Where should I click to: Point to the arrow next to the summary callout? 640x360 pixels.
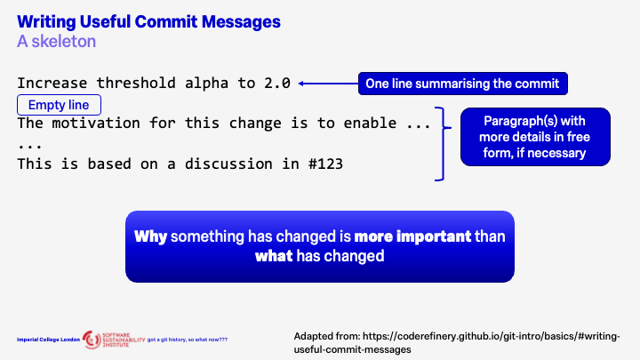[x=327, y=84]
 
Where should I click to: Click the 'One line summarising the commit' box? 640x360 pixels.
[x=462, y=84]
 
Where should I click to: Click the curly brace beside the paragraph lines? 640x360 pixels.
[x=439, y=143]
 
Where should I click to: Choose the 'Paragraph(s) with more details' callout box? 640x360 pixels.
[x=535, y=137]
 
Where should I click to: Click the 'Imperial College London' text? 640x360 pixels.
[x=48, y=339]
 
